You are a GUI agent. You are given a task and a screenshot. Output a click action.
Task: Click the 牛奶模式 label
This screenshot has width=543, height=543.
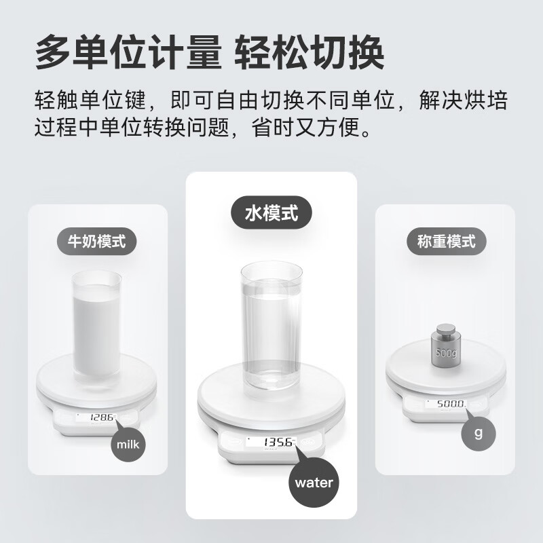pos(96,242)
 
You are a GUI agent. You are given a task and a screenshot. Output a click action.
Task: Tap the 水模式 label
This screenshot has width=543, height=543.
pos(271,214)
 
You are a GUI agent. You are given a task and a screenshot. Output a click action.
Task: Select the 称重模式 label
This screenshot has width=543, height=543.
pos(445,242)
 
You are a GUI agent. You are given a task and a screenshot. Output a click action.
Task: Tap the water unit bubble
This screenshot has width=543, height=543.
pos(314,483)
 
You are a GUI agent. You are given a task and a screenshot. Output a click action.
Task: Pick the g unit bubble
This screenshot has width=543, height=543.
pos(479,433)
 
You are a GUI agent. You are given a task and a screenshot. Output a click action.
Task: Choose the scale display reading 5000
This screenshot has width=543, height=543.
pos(446,404)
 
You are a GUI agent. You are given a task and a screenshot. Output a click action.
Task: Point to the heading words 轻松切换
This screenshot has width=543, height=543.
pos(310,52)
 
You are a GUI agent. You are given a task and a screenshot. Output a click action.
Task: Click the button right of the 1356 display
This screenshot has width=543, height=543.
pos(312,442)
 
